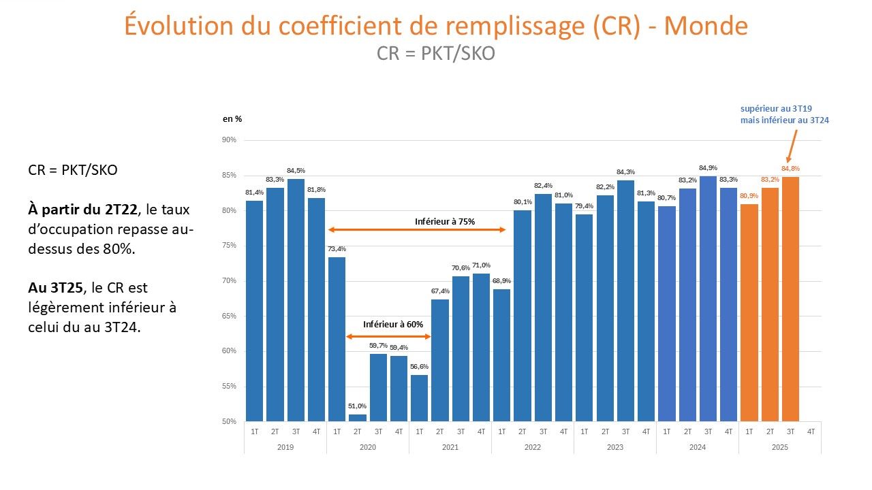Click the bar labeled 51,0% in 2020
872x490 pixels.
click(x=358, y=417)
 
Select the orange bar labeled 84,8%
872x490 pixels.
click(x=790, y=299)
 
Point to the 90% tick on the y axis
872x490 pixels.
click(x=229, y=140)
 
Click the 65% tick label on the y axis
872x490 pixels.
click(x=229, y=316)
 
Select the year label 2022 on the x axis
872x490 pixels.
click(x=533, y=447)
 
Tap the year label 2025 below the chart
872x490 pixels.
click(x=780, y=447)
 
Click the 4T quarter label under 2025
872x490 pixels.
click(x=811, y=431)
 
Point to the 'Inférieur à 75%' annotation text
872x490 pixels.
click(x=445, y=221)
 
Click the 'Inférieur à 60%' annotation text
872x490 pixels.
click(x=393, y=324)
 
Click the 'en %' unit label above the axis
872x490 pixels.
click(x=232, y=118)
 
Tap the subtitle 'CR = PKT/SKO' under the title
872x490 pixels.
click(x=436, y=53)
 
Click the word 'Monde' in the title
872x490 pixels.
click(x=706, y=26)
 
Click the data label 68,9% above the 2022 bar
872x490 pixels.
click(x=501, y=281)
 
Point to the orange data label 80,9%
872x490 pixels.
click(x=749, y=196)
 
